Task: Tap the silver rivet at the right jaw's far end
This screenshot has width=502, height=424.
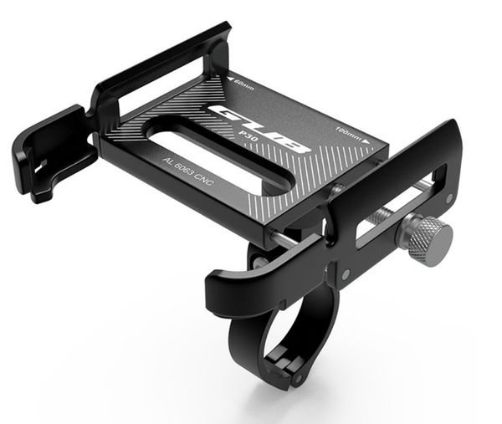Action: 449,198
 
